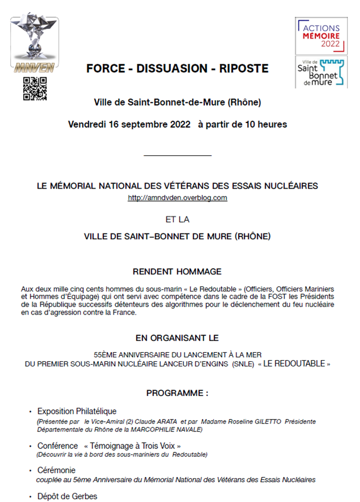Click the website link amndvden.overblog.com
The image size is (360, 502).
coord(177,198)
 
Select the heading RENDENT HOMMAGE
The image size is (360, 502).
coord(177,272)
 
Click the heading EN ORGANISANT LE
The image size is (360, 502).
coord(177,338)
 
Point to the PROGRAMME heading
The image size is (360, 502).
coord(177,392)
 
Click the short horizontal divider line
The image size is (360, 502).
coord(177,155)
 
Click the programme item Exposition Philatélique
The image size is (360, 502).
coord(77,411)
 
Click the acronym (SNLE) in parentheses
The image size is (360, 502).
coord(243,364)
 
